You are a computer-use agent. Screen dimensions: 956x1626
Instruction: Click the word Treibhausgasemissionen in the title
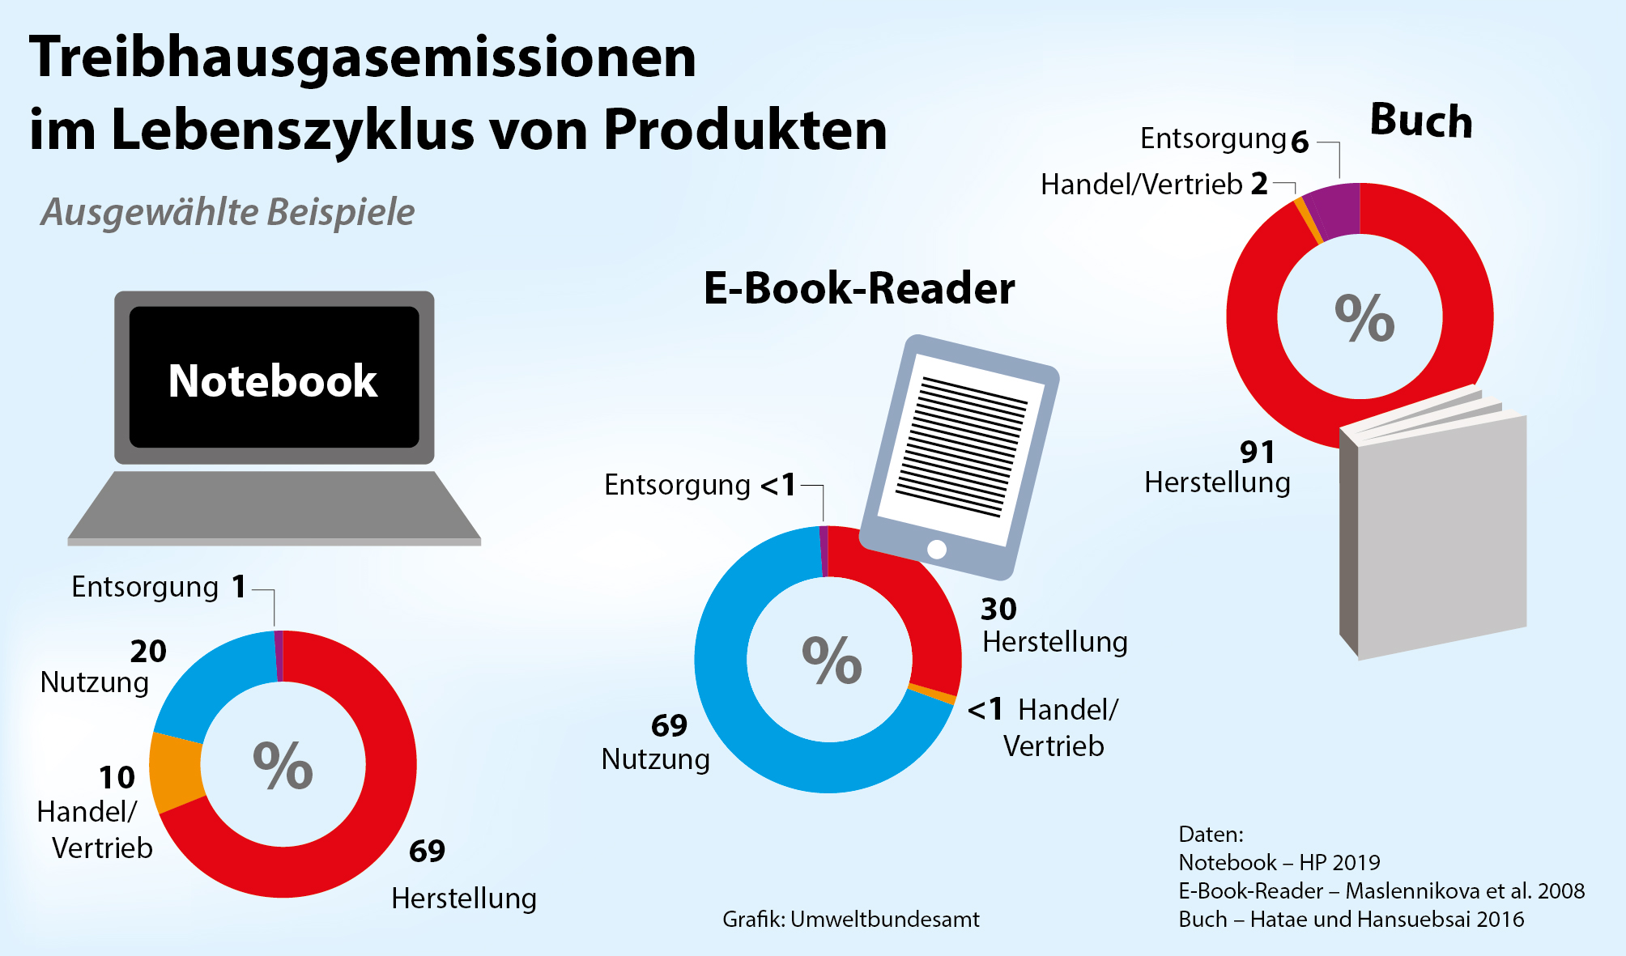363,58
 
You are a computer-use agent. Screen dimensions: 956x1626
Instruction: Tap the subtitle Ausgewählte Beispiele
228,212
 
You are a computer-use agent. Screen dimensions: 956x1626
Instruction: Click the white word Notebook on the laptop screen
273,380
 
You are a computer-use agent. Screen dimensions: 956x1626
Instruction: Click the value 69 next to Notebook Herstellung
427,851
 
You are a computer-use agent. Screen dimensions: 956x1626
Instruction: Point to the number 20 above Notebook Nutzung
148,651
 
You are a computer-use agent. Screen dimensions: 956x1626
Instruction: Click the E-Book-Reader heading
858,288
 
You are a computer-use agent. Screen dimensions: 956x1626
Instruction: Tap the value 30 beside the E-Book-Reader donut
998,609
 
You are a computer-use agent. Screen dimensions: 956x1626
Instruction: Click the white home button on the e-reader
937,550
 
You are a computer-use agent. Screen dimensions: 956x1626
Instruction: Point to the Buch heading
1421,121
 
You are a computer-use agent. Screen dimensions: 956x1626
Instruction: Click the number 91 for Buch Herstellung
1258,452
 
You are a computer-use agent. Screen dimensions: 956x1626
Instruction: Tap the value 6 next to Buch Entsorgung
1300,142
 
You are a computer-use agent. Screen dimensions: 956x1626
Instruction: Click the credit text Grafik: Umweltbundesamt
850,920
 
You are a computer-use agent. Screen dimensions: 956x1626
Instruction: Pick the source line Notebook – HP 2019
1279,863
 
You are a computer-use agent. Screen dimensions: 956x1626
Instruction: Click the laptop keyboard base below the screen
274,506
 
